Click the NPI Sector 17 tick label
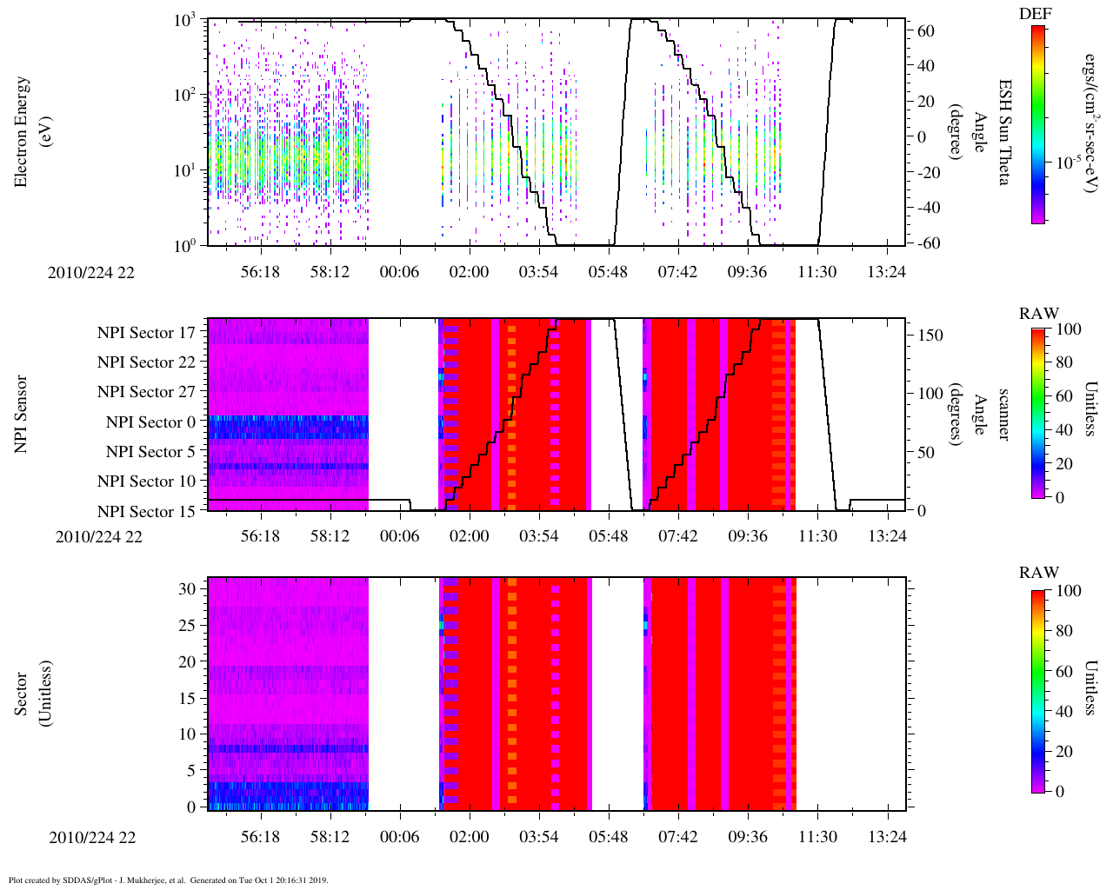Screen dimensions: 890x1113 pyautogui.click(x=146, y=333)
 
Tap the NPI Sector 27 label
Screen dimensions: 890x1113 pyautogui.click(x=146, y=392)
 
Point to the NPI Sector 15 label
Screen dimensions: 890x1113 pyautogui.click(x=146, y=511)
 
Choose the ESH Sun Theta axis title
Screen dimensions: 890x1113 pyautogui.click(x=1003, y=131)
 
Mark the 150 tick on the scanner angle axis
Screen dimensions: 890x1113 pyautogui.click(x=930, y=335)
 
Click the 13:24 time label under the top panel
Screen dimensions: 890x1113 pyautogui.click(x=886, y=272)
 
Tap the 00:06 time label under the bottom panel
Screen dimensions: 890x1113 pyautogui.click(x=399, y=837)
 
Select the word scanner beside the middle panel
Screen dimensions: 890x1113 pyautogui.click(x=1003, y=414)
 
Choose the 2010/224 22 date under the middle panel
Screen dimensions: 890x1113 pyautogui.click(x=98, y=536)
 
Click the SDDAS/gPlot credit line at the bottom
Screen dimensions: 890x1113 pyautogui.click(x=168, y=880)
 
